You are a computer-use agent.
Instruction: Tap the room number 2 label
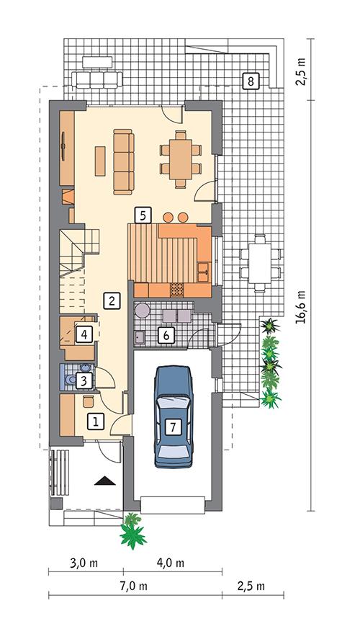click(111, 300)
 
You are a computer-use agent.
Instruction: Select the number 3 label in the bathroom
click(85, 380)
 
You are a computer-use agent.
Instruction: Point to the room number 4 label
click(84, 334)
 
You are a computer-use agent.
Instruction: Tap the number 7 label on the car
click(173, 426)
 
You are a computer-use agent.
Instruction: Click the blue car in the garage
click(173, 414)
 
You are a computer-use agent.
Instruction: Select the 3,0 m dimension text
click(85, 563)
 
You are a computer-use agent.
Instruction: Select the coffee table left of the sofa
click(99, 160)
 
